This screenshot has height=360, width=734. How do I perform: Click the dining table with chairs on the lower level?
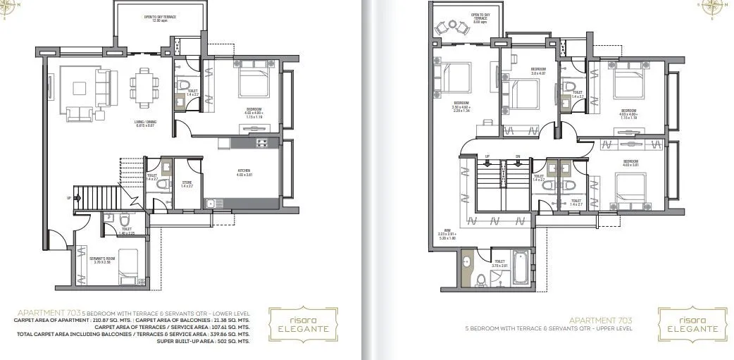pyautogui.click(x=144, y=85)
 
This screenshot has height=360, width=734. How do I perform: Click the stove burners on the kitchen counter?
pyautogui.click(x=261, y=143)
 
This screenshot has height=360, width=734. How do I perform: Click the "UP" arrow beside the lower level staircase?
pyautogui.click(x=68, y=198)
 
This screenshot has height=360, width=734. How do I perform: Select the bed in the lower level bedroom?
pyautogui.click(x=254, y=82)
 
